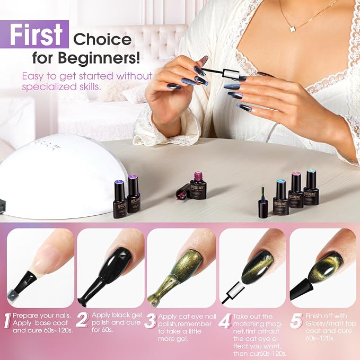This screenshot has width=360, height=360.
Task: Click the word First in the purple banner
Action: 36,34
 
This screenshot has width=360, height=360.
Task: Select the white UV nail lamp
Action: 62,177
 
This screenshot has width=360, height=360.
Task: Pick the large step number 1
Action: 7,320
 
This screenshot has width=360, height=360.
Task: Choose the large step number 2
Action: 82,320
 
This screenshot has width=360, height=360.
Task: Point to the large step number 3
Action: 150,321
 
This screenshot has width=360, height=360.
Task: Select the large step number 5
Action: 296,321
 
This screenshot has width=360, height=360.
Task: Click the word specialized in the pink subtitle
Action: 47,87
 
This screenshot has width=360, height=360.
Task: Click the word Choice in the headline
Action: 102,39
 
